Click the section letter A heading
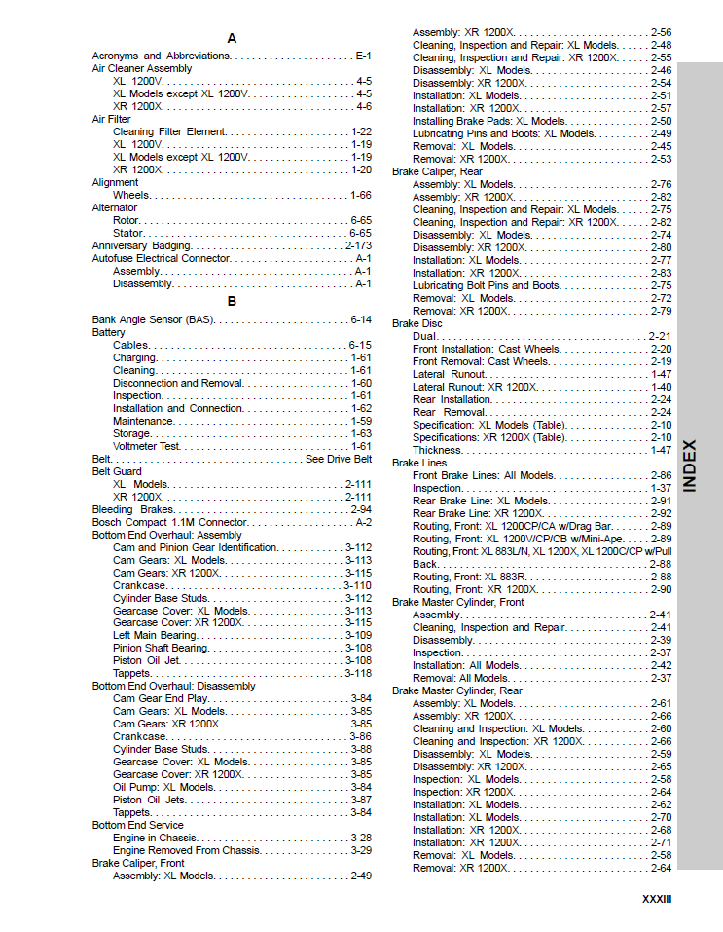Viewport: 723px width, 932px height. [x=232, y=39]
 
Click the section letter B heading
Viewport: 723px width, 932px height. [x=232, y=301]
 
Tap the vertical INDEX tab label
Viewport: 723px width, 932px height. [x=689, y=465]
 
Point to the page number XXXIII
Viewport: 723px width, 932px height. [x=657, y=899]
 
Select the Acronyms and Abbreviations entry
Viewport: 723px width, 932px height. [x=161, y=56]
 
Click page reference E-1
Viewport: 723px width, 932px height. [x=363, y=56]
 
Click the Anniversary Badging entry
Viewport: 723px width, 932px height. [x=142, y=245]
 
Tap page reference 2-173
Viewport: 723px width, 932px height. [x=358, y=245]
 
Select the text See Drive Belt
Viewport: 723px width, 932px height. [x=339, y=459]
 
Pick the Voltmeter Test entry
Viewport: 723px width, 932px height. [x=146, y=446]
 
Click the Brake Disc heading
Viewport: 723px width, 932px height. [x=416, y=323]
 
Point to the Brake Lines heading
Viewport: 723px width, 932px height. [x=419, y=463]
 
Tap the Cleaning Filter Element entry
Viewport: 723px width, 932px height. [x=169, y=131]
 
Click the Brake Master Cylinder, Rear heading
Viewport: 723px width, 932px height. [x=456, y=690]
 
